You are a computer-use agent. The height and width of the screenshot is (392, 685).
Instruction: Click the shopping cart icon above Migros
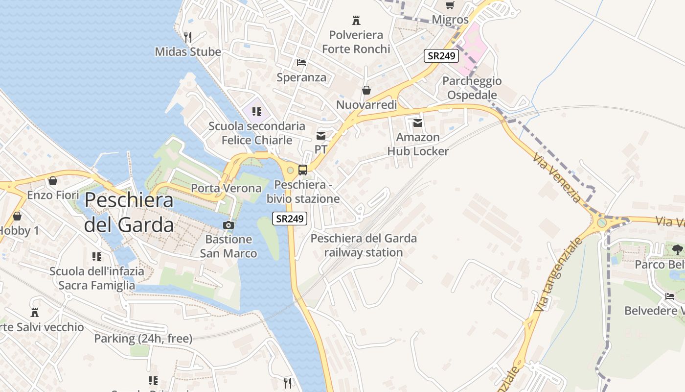pos(450,5)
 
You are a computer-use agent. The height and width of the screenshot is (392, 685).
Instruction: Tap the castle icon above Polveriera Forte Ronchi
pos(356,21)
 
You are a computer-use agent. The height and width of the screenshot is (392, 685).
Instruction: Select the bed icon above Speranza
pos(301,63)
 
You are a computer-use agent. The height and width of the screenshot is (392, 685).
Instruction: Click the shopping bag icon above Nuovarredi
pos(366,90)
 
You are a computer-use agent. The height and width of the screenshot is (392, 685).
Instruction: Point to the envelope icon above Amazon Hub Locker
pos(418,122)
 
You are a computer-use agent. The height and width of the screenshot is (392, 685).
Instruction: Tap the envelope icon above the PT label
pos(321,135)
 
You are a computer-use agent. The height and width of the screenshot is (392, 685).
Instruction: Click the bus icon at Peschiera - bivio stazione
pos(303,170)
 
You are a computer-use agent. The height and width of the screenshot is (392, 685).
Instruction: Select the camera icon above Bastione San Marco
pos(228,225)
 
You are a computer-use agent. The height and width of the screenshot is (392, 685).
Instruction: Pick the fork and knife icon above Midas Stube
pos(187,37)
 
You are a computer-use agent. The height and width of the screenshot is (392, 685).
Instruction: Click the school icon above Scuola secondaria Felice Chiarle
pos(257,112)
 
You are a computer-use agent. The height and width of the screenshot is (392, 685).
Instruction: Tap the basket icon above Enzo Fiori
pos(53,181)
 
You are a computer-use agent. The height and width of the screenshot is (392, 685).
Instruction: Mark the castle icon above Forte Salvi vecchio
pos(34,312)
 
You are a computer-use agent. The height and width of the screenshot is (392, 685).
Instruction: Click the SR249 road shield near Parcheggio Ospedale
pos(441,56)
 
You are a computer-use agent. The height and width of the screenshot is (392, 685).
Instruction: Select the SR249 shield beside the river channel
pos(290,219)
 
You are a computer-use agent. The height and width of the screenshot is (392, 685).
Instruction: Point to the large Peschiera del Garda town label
pos(129,213)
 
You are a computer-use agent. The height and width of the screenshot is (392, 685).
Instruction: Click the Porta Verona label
pos(226,188)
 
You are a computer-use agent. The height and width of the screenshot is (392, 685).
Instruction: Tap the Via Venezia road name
pos(557,178)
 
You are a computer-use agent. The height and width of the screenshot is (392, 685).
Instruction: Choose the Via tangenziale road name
pos(559,275)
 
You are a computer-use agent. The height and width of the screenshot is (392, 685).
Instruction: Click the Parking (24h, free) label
pos(143,338)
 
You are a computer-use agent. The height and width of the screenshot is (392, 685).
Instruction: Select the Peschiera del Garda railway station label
pos(364,245)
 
